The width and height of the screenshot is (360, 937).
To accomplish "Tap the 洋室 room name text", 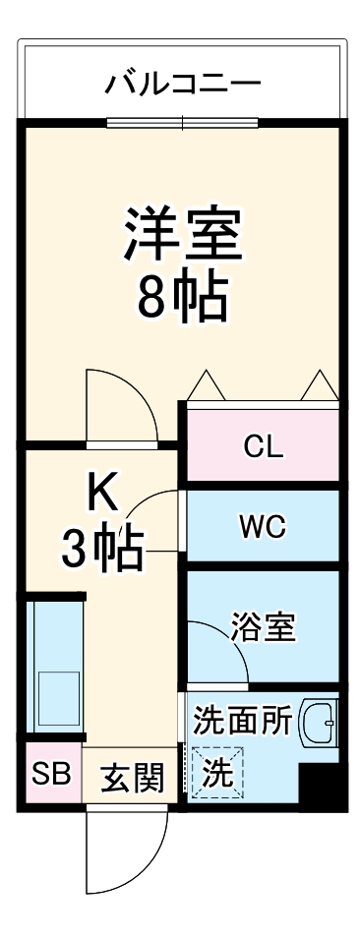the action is (182, 232).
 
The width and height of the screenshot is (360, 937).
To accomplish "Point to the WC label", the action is (263, 526).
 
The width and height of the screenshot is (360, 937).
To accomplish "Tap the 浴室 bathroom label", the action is (264, 626).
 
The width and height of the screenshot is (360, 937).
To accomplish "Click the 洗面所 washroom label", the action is (242, 721).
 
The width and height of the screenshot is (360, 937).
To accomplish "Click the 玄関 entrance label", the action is (131, 778).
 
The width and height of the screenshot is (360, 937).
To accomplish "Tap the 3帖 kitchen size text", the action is (103, 550).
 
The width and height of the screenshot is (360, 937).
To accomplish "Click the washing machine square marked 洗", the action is (217, 772).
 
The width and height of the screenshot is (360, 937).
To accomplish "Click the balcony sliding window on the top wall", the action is (183, 123).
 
